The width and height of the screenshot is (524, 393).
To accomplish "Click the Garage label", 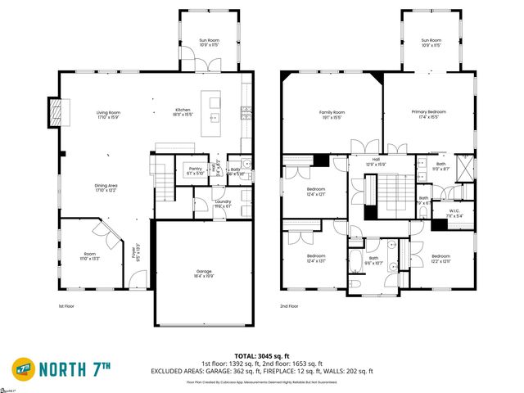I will pos(204,272).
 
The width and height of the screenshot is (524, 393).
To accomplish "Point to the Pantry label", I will pos(195,169).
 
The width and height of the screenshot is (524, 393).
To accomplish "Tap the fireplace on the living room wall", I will pos(56,111).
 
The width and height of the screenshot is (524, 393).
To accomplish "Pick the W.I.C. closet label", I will pos(454,210).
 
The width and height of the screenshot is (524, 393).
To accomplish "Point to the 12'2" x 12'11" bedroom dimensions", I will pos(440,260).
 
